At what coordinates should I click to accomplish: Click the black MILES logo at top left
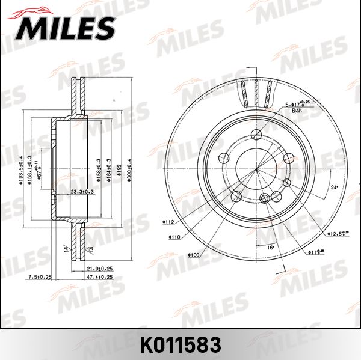pos(67,25)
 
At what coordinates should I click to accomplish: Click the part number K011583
pos(180,344)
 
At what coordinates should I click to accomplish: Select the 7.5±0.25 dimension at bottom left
pos(40,277)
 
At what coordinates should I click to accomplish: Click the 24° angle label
pos(335,188)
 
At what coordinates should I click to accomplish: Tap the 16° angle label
pos(270,247)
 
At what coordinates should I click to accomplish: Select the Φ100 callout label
pos(193,255)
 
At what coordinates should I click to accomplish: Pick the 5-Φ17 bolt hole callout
pos(296,104)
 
